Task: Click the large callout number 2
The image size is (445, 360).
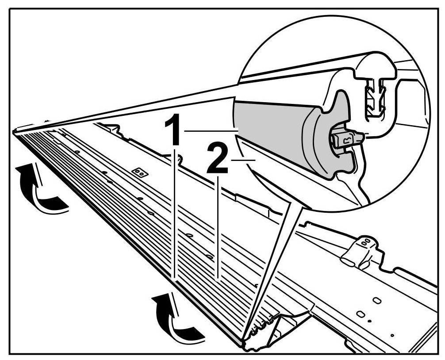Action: pos(218,161)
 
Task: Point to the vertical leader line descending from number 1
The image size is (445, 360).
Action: pos(176,212)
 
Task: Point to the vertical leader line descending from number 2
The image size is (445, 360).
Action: pos(218,226)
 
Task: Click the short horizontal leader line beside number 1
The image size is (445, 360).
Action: pos(211,130)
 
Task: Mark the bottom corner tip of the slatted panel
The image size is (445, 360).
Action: pos(242,344)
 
